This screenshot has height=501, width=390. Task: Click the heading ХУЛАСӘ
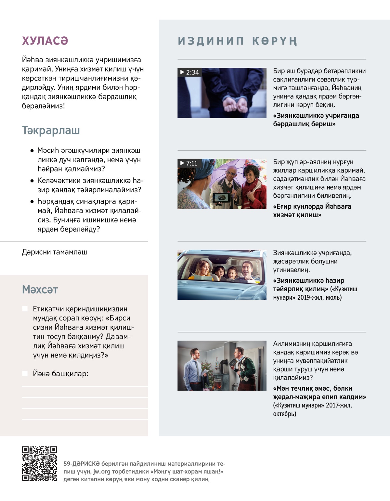tap(45, 41)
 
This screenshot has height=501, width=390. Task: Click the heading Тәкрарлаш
tap(51, 131)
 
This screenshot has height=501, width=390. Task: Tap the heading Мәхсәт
tap(40, 290)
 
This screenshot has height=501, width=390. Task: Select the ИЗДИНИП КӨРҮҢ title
tap(237, 41)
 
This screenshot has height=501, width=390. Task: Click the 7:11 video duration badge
tap(189, 163)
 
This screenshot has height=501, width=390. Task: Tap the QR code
tap(39, 464)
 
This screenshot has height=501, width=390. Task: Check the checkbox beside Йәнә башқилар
tap(25, 373)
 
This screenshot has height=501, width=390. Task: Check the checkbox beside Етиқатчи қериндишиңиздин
tap(25, 309)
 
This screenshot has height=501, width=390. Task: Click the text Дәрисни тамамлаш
tap(55, 252)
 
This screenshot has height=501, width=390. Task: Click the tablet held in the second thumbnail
tap(221, 198)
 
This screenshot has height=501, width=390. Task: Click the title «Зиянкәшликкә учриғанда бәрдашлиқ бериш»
tap(316, 120)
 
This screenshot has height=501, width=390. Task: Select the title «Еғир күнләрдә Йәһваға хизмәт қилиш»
tap(312, 211)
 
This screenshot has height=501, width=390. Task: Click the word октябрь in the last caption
tap(284, 414)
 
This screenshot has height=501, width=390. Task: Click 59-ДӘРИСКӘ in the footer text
tap(81, 464)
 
